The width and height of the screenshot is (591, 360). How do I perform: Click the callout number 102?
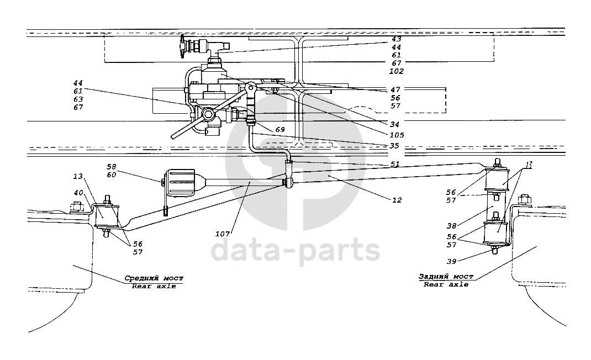[x=396, y=71]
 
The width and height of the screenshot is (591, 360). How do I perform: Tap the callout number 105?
[x=397, y=135]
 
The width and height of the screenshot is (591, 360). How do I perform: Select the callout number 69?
[x=279, y=130]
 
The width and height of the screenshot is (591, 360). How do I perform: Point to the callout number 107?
[x=223, y=234]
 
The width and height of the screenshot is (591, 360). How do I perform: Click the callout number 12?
[x=397, y=200]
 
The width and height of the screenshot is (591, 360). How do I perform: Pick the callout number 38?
[x=452, y=226]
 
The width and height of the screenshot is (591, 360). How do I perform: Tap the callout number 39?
[x=452, y=262]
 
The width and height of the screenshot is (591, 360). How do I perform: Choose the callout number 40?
[x=78, y=193]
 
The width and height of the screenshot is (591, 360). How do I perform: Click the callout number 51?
[x=394, y=165]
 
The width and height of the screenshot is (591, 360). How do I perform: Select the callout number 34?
[x=394, y=124]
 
